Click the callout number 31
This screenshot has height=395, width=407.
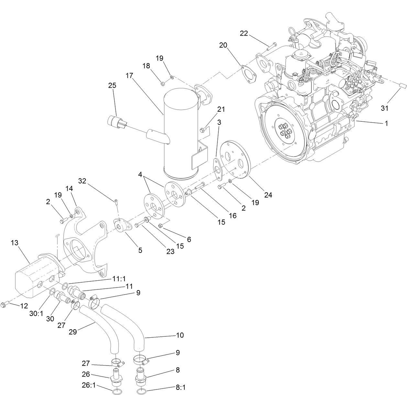[384, 108]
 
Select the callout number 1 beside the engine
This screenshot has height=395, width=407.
[386, 123]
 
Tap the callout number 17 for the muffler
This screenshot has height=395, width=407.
[129, 75]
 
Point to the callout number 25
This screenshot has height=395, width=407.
[112, 85]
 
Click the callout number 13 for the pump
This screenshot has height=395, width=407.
[15, 243]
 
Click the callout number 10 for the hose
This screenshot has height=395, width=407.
[180, 335]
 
